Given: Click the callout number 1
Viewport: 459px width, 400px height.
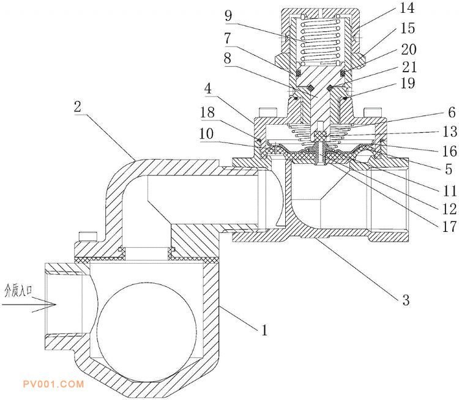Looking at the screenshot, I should pos(264,331).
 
